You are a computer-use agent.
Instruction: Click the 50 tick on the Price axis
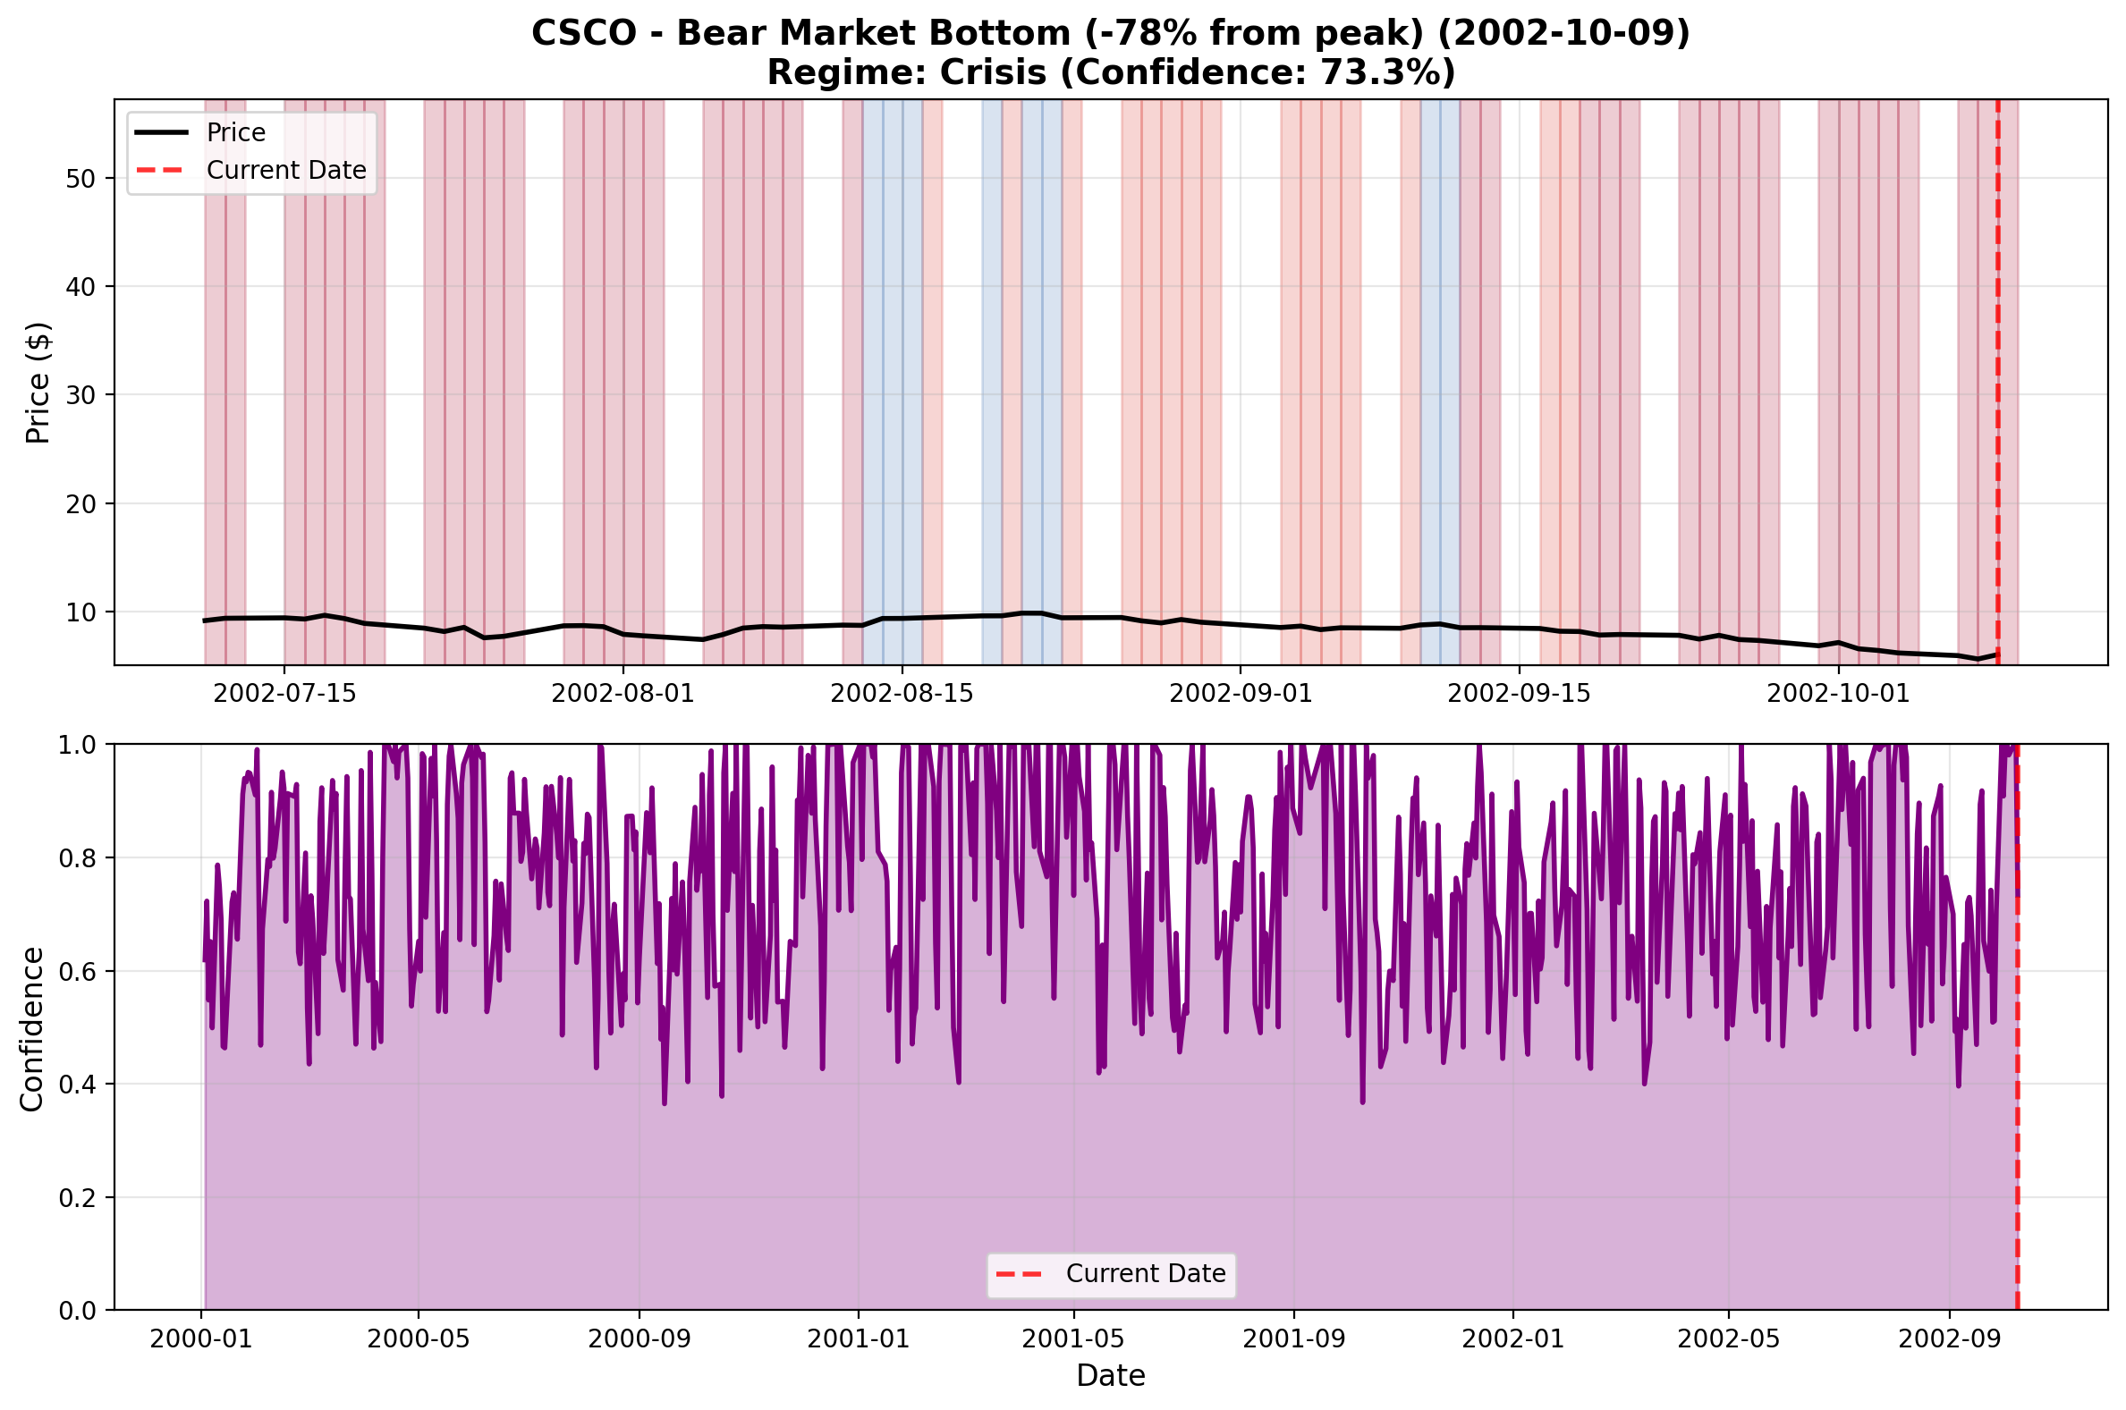click(x=80, y=178)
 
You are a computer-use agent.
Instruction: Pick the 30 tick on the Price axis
click(x=80, y=395)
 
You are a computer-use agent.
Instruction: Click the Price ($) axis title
click(x=38, y=382)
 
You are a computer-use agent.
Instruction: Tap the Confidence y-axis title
click(x=32, y=1028)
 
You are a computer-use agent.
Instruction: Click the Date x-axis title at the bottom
click(x=1111, y=1376)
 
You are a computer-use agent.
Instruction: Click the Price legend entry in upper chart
click(x=235, y=132)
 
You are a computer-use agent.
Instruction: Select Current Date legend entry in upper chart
click(x=286, y=170)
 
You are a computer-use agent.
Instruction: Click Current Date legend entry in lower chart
click(x=1145, y=1273)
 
